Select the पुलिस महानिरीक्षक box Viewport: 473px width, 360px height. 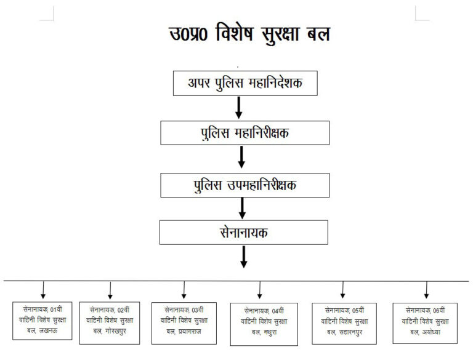coord(245,133)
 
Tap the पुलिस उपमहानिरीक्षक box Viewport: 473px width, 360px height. coord(245,184)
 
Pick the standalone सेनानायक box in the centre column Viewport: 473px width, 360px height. coord(243,232)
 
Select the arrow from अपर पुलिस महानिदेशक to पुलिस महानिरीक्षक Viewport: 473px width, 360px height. coord(240,108)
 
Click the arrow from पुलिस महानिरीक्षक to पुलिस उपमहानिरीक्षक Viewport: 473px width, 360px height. coord(241,157)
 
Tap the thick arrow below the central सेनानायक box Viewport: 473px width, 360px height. coord(244,257)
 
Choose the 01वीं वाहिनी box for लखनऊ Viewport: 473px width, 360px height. coord(43,321)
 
